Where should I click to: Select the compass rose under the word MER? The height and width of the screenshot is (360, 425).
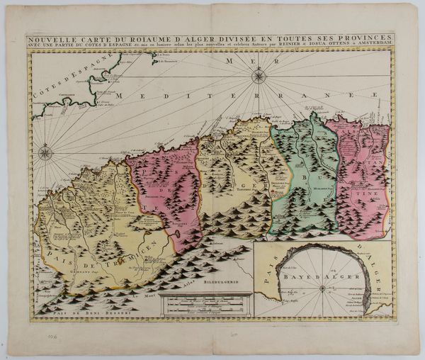click(x=259, y=75)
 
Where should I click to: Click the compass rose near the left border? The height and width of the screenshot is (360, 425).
click(x=45, y=152)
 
